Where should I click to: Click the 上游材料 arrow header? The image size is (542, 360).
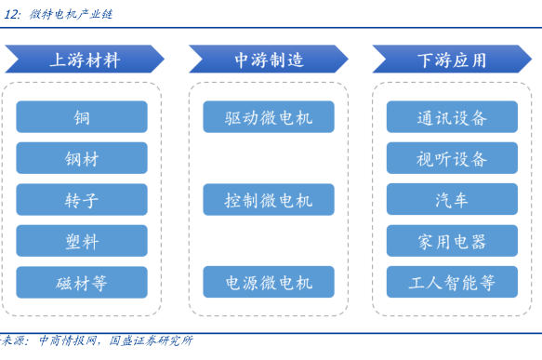click(x=85, y=60)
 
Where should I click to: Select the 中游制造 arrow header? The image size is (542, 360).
click(x=269, y=60)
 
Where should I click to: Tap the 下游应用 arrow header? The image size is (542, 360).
click(x=452, y=60)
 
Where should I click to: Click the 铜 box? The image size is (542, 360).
click(x=82, y=117)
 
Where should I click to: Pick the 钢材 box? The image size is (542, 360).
click(x=82, y=158)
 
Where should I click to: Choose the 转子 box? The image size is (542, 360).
click(x=82, y=200)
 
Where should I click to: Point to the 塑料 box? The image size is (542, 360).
click(x=82, y=241)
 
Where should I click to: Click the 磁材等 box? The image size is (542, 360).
click(x=82, y=282)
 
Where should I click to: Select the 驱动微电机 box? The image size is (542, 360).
click(x=269, y=117)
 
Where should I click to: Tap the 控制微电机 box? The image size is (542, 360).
click(x=269, y=200)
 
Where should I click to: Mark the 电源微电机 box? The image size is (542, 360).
click(x=269, y=282)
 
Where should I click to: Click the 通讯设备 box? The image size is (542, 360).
click(x=452, y=117)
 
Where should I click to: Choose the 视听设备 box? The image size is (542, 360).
click(x=452, y=158)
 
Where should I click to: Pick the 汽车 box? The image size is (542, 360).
click(x=452, y=199)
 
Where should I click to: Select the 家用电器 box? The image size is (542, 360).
click(x=452, y=241)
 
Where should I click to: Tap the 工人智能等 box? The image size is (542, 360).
click(x=452, y=282)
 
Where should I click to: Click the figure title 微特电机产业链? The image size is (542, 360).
click(x=71, y=14)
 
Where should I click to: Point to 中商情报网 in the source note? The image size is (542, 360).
click(x=68, y=340)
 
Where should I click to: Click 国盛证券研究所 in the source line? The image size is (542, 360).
click(x=151, y=340)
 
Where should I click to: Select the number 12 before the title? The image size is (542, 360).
click(x=11, y=14)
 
